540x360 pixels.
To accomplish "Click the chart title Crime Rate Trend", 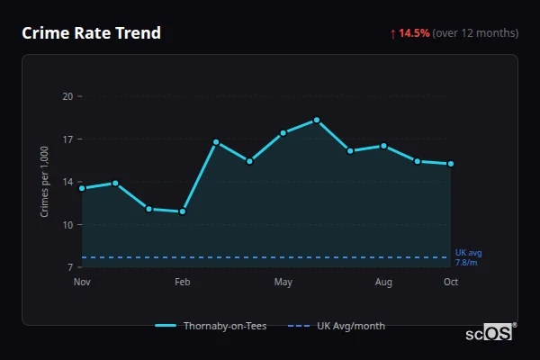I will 91,33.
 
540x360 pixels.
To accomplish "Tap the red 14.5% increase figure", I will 414,33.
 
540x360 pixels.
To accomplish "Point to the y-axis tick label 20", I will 67,96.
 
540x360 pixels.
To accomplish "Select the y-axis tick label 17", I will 67,139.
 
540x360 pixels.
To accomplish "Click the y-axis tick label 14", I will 67,182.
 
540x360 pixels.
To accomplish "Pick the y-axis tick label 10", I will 67,225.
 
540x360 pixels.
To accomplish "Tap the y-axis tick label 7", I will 69,267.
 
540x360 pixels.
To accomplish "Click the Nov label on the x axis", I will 82,283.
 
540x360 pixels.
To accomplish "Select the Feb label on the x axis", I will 183,283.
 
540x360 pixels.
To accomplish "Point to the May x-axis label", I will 283,283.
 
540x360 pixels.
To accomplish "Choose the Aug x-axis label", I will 383,283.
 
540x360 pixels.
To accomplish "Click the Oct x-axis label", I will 451,283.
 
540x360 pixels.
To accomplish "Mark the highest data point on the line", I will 317,120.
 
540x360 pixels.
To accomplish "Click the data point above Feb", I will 183,211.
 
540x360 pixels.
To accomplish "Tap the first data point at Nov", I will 82,188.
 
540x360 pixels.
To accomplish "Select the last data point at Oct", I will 451,164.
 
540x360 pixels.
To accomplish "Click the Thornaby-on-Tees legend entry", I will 211,326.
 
